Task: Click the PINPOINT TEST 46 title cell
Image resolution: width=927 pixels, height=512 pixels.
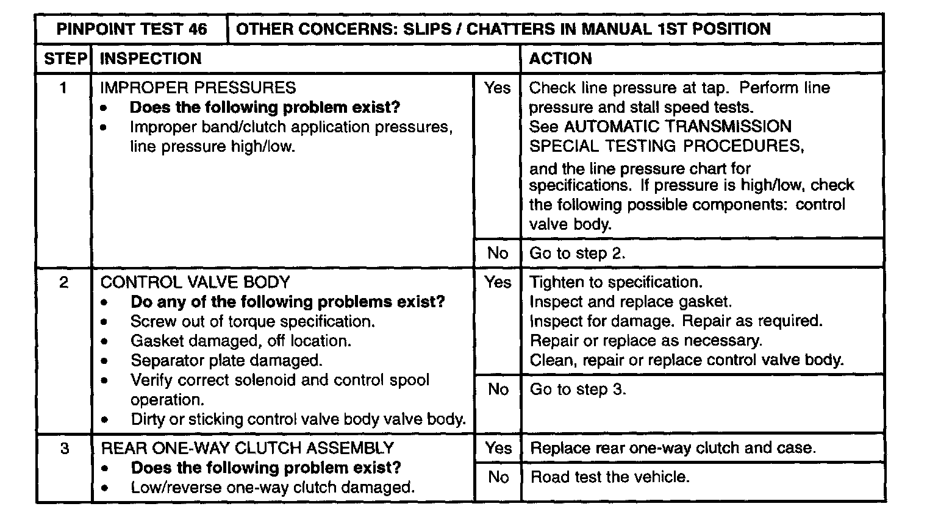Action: point(131,29)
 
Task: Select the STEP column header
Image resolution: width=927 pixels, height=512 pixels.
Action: point(64,59)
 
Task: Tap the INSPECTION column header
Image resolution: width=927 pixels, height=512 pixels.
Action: point(150,59)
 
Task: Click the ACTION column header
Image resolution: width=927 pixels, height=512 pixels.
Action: point(560,59)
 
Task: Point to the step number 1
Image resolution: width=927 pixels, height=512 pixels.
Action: point(63,88)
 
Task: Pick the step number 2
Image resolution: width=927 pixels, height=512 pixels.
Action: point(63,282)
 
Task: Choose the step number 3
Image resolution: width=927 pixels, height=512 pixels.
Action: point(64,449)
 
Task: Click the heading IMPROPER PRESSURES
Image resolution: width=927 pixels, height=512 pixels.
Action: point(198,88)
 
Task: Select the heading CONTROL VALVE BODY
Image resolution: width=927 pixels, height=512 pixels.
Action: point(195,282)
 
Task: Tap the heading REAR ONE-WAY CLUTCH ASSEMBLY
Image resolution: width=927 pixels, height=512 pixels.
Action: point(247,449)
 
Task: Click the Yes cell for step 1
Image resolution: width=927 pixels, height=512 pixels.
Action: point(497,88)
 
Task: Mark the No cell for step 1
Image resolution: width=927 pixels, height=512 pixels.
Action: point(498,253)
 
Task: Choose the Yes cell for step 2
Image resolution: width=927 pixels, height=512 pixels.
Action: point(498,282)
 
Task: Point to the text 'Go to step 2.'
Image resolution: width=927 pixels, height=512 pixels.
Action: point(577,254)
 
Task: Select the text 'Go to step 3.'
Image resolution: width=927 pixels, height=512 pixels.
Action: point(578,389)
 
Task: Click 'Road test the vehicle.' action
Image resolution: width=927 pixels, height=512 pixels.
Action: point(610,477)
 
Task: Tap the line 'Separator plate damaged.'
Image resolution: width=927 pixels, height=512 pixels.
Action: point(226,360)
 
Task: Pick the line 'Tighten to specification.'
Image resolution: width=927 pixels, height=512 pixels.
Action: point(616,282)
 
